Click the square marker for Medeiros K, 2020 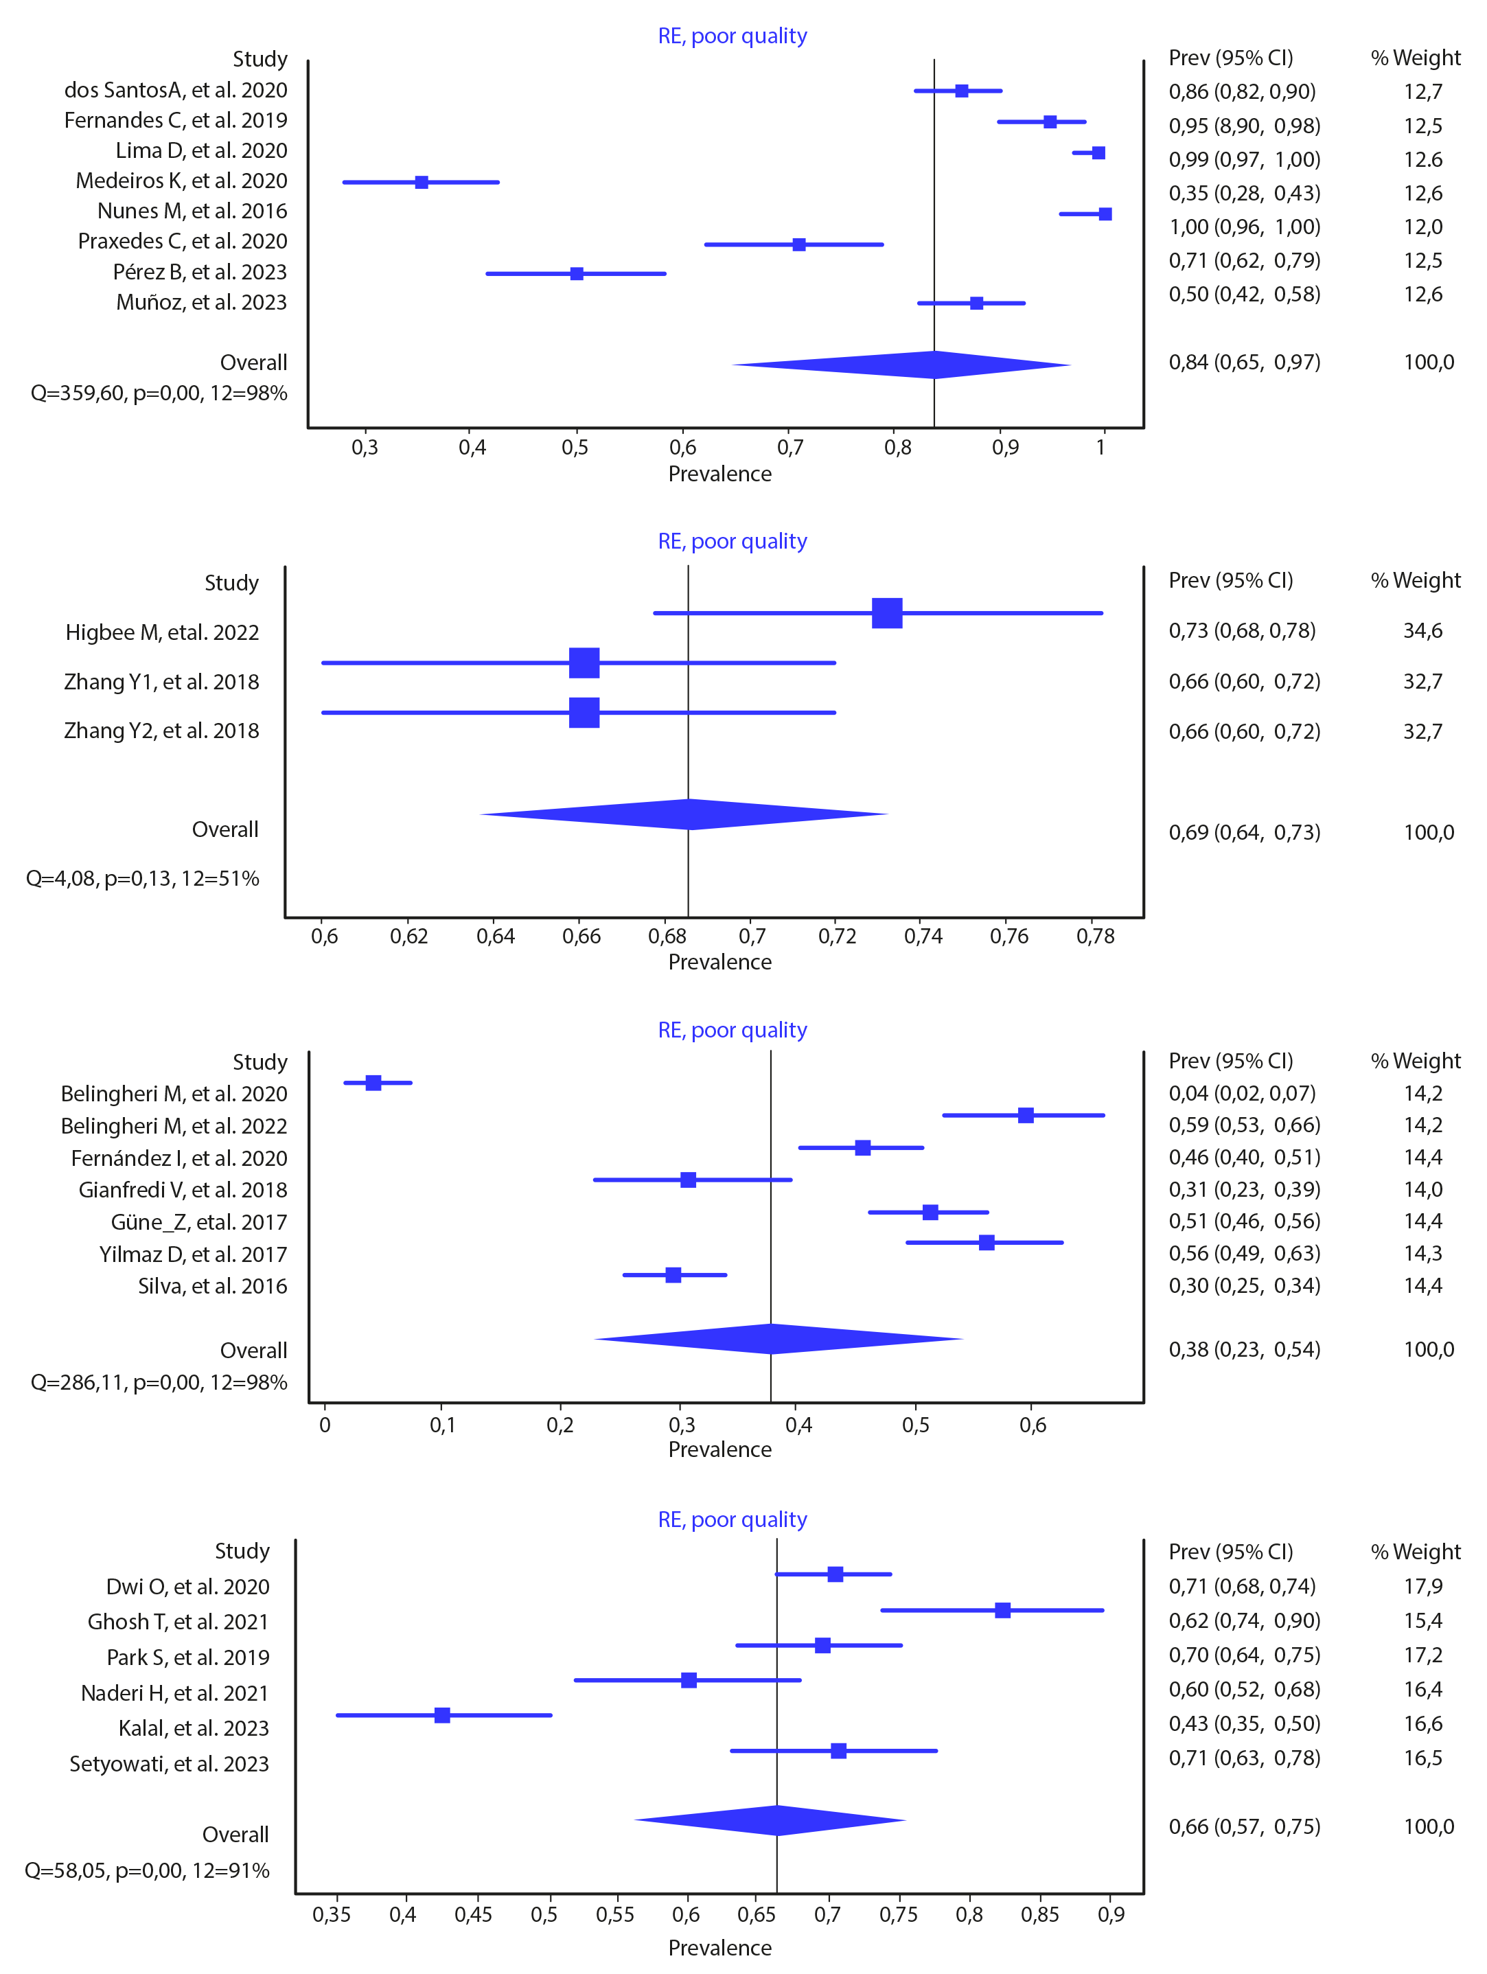422,182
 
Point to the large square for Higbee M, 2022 887,613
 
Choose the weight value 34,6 1422,631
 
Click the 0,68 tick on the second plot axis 667,936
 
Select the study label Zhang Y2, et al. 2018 161,731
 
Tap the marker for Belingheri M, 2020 373,1083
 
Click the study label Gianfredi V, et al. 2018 183,1191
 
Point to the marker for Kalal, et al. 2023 442,1715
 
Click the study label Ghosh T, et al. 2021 178,1622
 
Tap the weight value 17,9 1422,1587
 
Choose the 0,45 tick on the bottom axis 474,1915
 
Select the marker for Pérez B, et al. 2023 577,273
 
